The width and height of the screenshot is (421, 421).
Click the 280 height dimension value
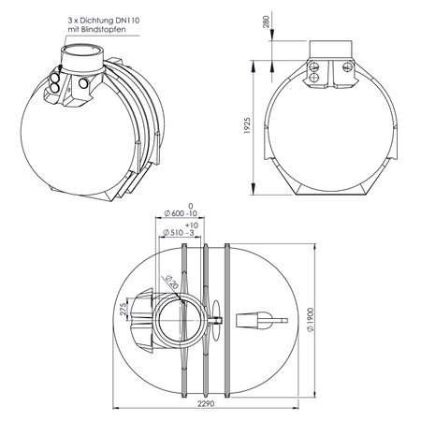point(267,22)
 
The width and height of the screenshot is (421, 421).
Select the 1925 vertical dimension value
point(247,125)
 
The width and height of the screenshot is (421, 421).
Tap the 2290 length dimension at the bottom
point(206,403)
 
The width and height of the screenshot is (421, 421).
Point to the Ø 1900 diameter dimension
point(311,320)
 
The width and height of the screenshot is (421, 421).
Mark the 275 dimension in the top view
point(123,309)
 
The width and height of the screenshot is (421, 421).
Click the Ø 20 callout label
point(171,282)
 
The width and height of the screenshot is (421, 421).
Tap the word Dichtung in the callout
point(95,21)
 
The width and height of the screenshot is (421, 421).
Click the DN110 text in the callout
point(127,21)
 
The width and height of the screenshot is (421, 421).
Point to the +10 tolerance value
point(192,225)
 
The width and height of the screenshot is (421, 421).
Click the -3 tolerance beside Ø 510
point(190,233)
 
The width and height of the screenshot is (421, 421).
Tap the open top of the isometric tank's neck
point(82,51)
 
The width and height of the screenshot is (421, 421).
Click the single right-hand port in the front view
point(347,65)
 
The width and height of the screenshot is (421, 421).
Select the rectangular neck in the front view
point(331,49)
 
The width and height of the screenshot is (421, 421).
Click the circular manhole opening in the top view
point(181,320)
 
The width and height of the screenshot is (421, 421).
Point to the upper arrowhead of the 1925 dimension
point(254,66)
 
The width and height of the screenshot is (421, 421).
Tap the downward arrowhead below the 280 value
point(272,35)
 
